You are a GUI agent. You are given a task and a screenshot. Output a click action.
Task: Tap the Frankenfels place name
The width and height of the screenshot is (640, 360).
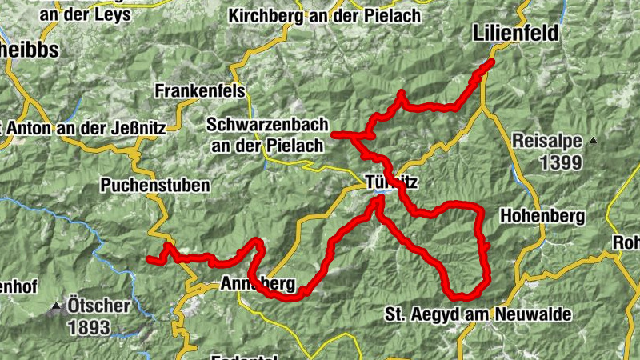[x=200, y=91]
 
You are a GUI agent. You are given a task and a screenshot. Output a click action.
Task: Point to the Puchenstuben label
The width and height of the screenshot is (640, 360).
[x=155, y=186]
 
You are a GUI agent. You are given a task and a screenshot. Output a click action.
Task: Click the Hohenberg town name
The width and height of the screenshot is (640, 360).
[x=542, y=215]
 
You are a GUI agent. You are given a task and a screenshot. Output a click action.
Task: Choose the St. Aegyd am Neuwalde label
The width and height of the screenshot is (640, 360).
[x=478, y=314]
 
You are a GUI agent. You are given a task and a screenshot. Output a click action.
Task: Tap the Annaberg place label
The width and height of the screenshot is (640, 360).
[x=257, y=284]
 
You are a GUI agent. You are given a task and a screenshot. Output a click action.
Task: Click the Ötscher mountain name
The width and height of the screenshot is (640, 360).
[x=98, y=306]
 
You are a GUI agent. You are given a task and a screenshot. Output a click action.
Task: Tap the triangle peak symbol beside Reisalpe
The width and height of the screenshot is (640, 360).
[x=593, y=142]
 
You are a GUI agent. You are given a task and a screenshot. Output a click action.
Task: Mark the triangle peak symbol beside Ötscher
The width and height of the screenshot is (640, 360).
[x=56, y=306]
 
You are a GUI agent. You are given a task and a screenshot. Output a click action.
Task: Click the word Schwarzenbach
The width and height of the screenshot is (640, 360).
[x=265, y=126]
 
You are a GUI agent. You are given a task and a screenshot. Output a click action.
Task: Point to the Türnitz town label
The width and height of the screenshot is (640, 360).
[x=390, y=182]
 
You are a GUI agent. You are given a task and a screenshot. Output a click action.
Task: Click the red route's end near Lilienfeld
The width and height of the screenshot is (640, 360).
[x=490, y=62]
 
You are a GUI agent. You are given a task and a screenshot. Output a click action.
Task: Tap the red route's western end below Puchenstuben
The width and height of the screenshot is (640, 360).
[x=149, y=258]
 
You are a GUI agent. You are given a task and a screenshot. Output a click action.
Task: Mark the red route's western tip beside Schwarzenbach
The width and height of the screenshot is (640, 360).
[x=334, y=134]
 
